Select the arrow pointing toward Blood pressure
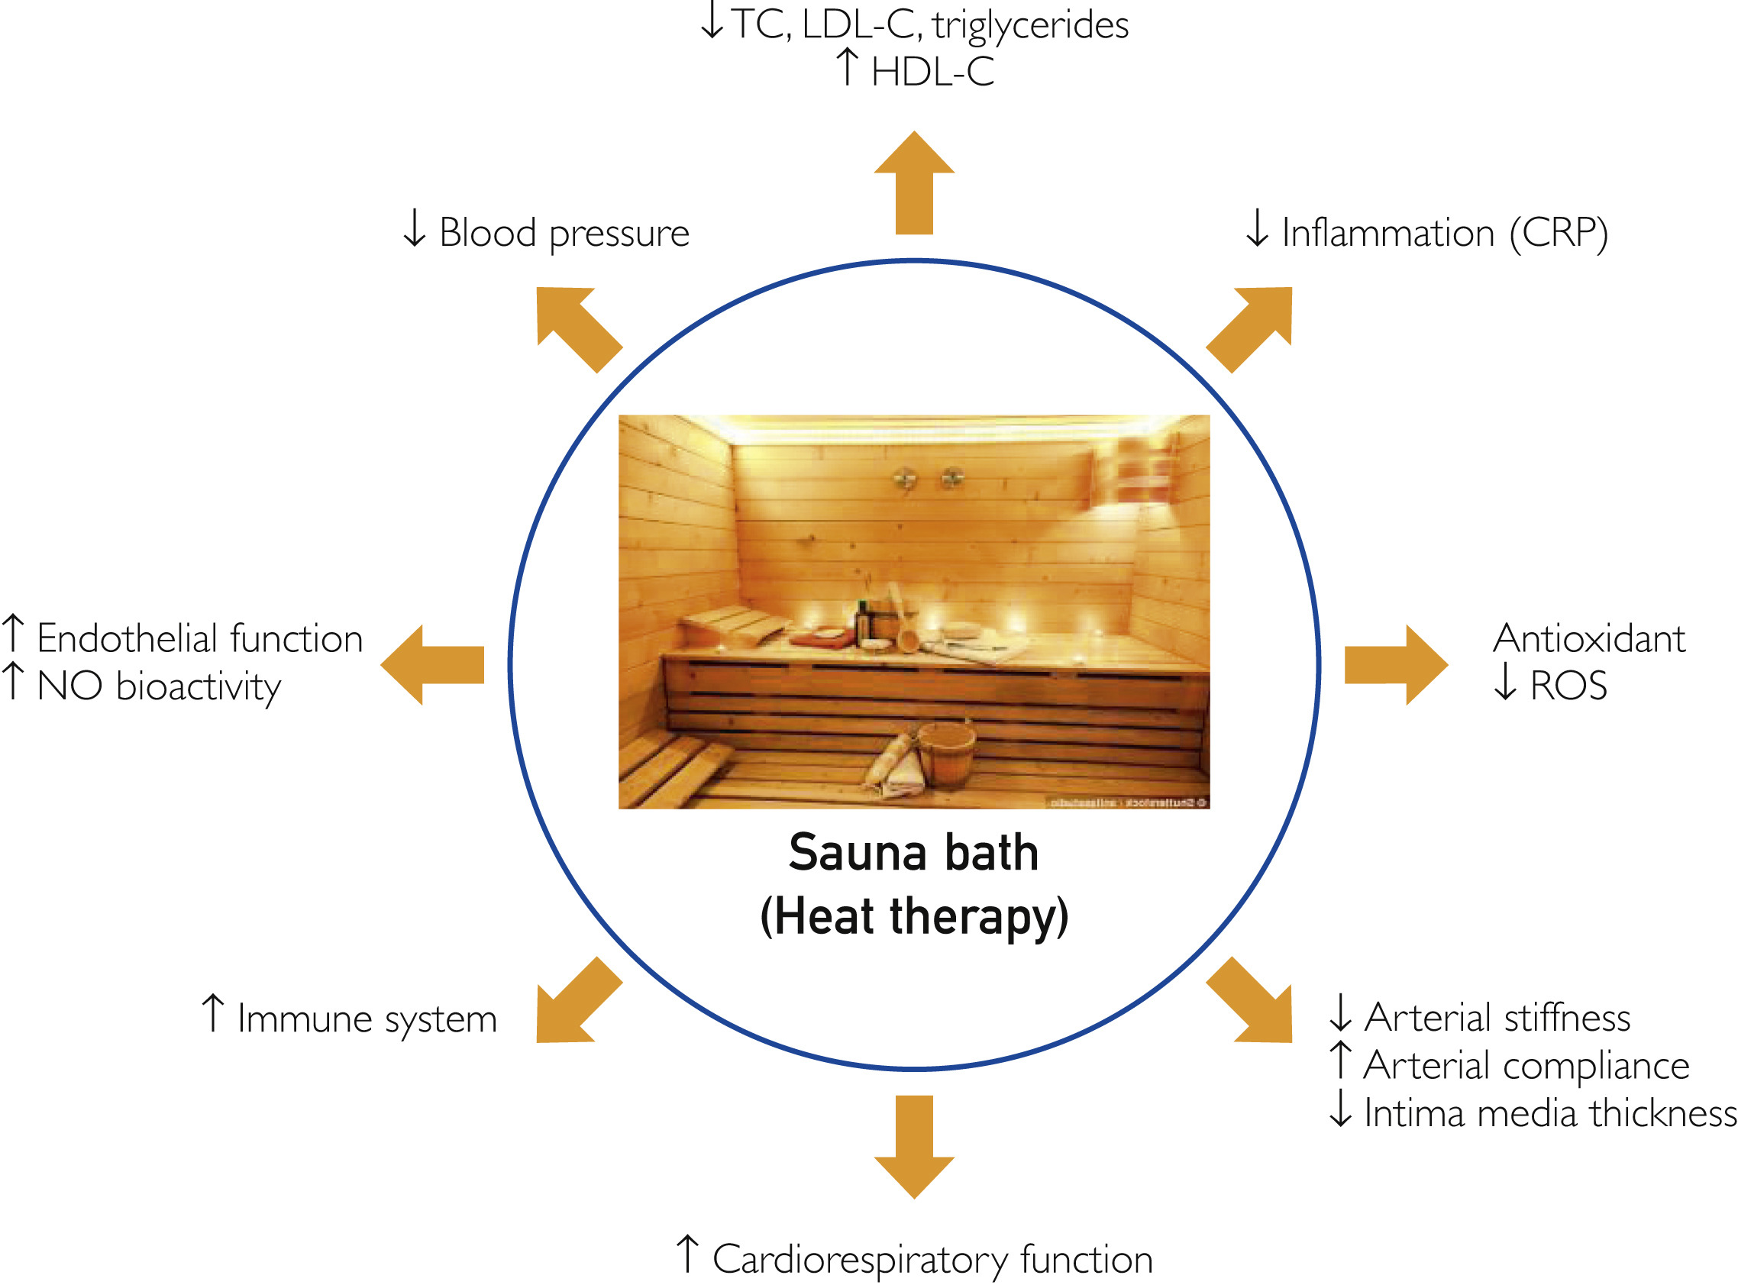coord(577,328)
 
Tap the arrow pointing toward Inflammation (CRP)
coord(1250,328)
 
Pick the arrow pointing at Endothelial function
coord(432,665)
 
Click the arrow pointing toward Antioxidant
coord(1396,665)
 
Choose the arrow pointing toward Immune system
coord(577,1001)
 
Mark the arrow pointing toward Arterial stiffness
coord(1250,1001)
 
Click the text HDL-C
coord(932,73)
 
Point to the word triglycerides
coord(1030,26)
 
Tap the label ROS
coord(1568,686)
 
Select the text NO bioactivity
coord(159,687)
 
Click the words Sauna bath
coord(914,853)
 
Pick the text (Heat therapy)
coord(914,916)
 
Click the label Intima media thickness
coord(1549,1113)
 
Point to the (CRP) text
coord(1559,233)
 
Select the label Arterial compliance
coord(1526,1066)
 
